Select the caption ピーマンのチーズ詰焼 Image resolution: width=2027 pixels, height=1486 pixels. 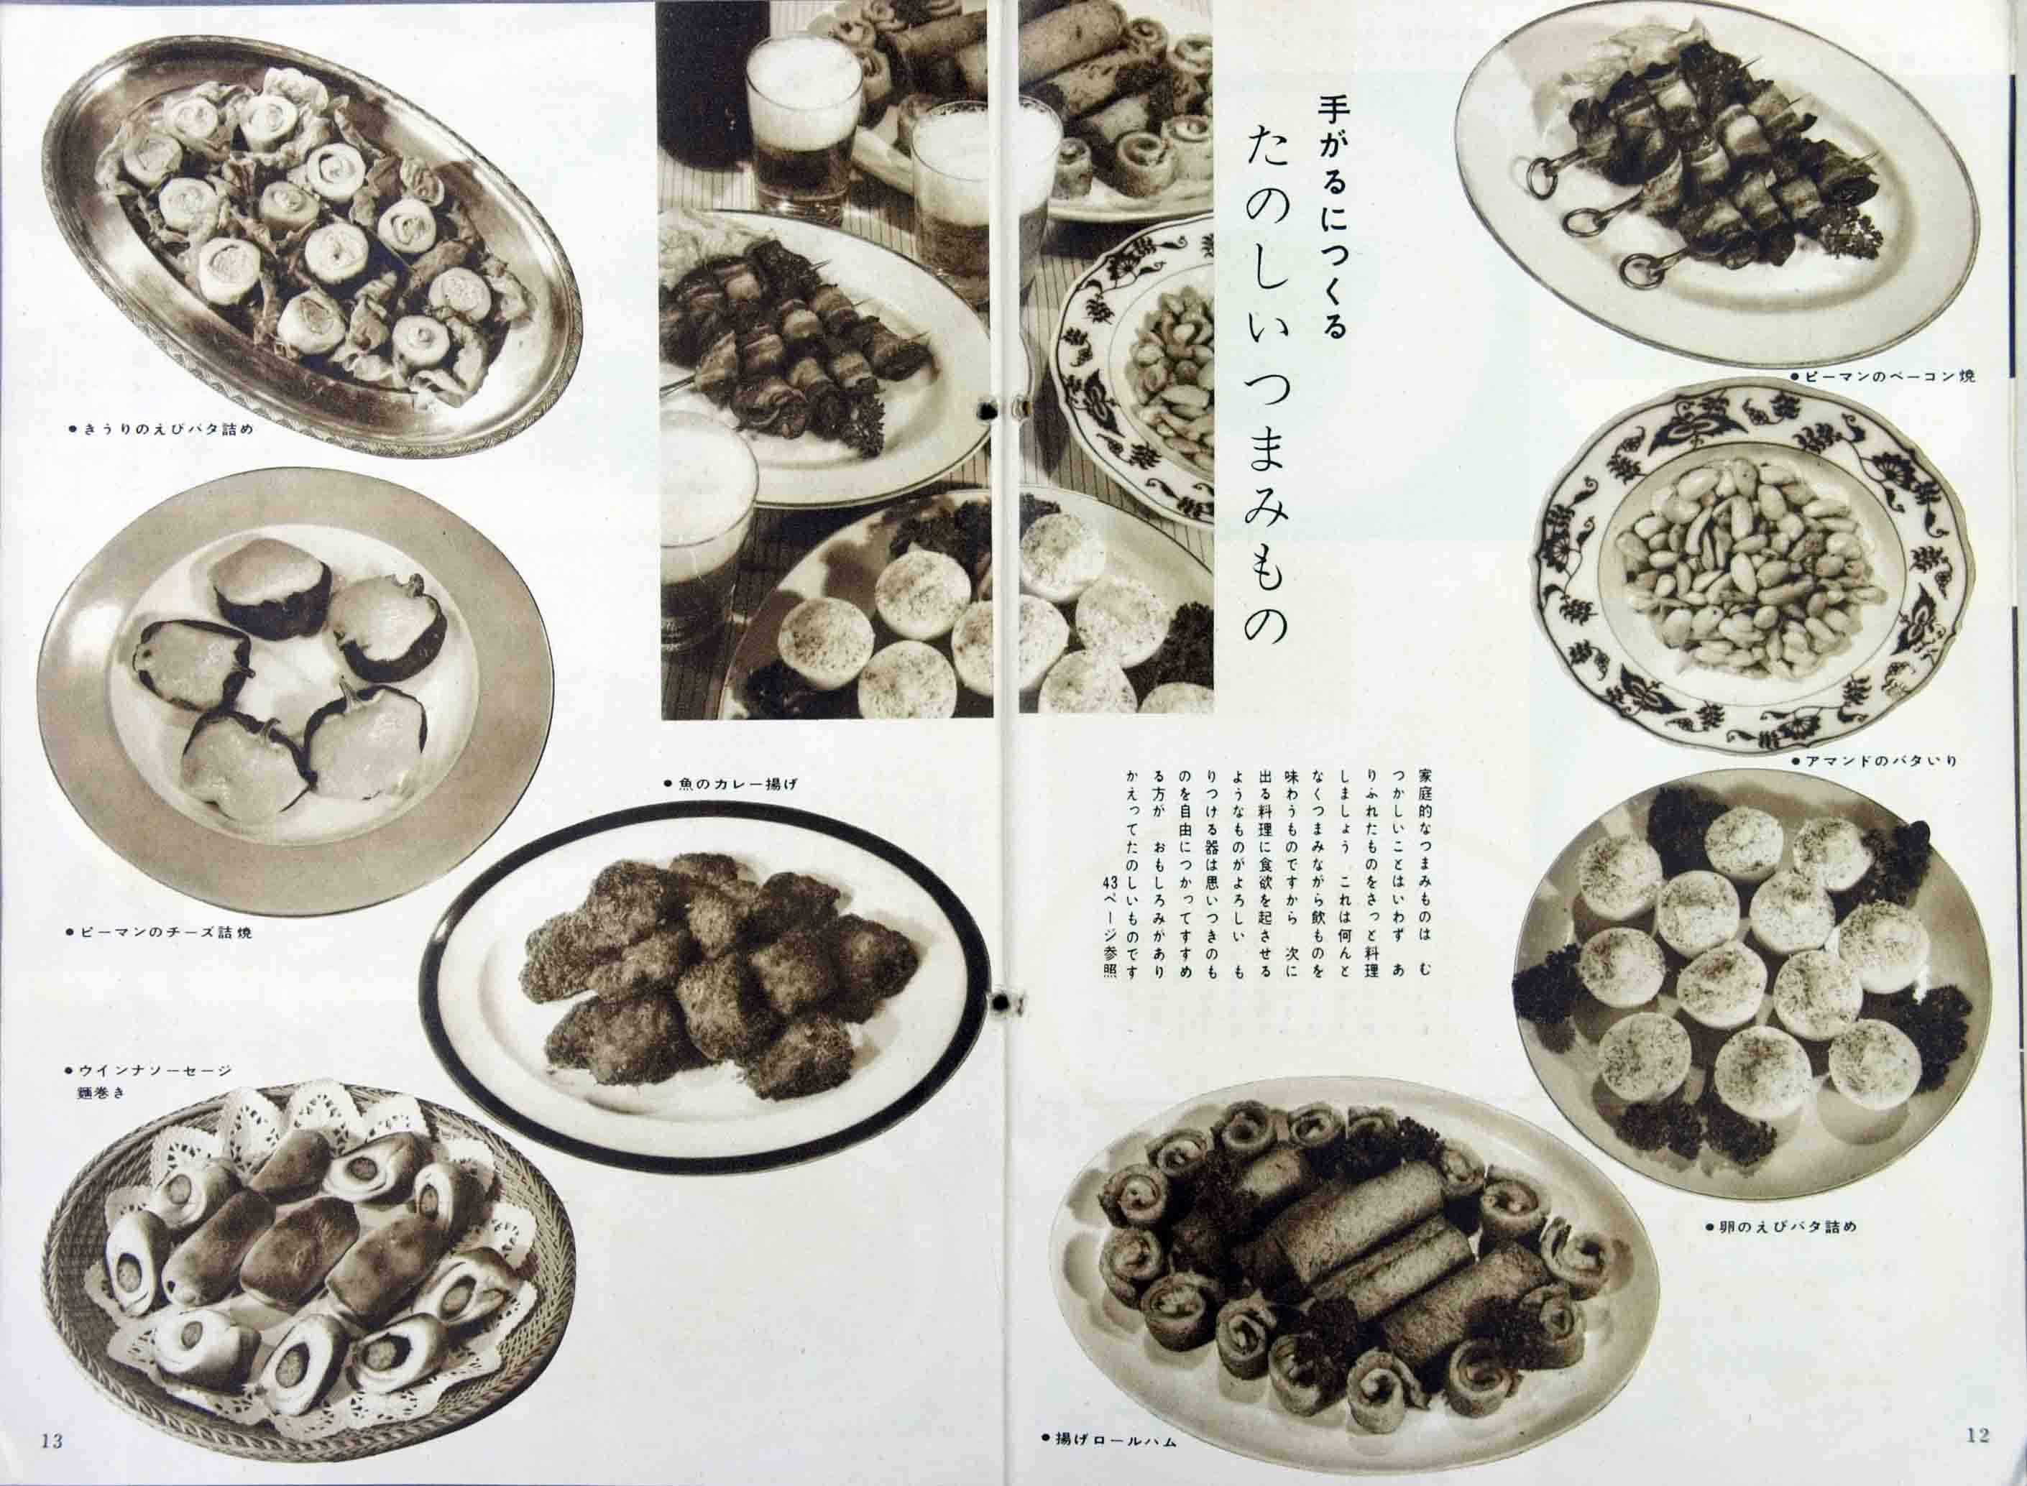[160, 933]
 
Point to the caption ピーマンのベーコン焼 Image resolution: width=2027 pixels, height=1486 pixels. [1881, 376]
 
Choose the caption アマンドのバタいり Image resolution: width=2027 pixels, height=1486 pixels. [1872, 761]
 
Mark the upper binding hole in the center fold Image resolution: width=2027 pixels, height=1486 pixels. [988, 410]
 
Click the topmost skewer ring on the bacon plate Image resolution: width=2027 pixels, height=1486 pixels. [1542, 179]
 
